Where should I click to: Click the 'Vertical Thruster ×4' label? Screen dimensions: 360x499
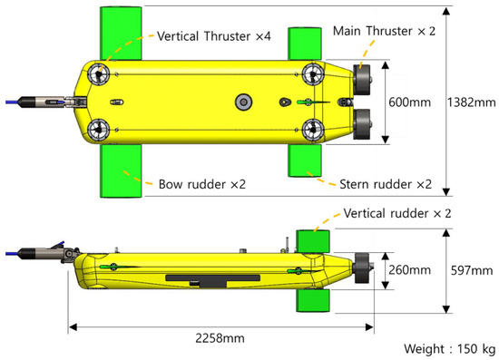tap(214, 36)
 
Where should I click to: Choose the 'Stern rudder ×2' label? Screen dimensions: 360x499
tap(386, 184)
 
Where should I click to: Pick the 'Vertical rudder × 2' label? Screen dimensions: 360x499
tap(400, 215)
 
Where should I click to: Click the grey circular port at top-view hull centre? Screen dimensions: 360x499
tap(241, 100)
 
